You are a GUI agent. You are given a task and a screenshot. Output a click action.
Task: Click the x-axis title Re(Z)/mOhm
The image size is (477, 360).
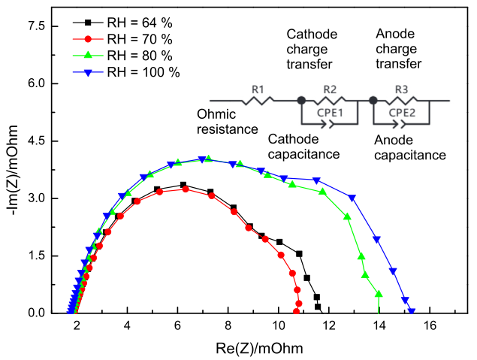click(x=252, y=348)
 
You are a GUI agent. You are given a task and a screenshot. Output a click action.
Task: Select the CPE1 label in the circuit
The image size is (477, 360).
click(x=330, y=114)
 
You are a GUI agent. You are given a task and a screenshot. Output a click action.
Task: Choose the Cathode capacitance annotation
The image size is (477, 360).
click(x=304, y=147)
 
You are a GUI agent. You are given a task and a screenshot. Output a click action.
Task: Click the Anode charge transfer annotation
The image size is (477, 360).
click(x=397, y=48)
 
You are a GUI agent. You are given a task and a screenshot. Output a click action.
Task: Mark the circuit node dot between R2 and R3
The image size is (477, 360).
click(x=373, y=100)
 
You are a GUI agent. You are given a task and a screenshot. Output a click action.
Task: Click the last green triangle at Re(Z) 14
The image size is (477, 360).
click(x=379, y=294)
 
